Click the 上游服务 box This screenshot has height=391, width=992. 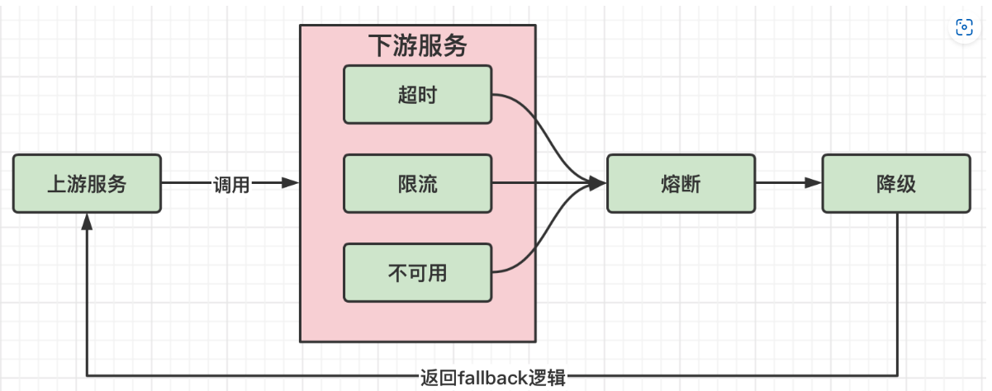87,183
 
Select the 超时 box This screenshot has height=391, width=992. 417,95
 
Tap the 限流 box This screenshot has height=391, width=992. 417,183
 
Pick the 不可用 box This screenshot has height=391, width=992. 417,272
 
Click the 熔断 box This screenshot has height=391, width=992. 681,183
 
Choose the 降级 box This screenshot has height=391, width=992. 895,183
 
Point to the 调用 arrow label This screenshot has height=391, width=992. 231,184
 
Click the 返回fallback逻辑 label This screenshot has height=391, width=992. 492,379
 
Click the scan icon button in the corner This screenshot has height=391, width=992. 964,27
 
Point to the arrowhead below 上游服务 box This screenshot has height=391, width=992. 87,221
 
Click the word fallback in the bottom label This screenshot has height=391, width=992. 493,379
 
